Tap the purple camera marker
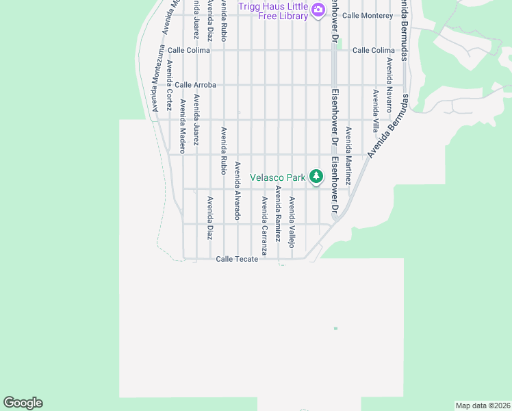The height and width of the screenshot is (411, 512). [x=318, y=10]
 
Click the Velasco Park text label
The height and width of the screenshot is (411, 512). [x=277, y=177]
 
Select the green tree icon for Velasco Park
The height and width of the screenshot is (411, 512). [x=316, y=177]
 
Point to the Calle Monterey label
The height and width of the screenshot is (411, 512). [x=368, y=15]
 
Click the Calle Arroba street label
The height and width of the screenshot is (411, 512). [x=195, y=85]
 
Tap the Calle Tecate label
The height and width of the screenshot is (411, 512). [x=237, y=259]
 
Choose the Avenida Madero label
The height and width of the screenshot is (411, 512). [x=183, y=126]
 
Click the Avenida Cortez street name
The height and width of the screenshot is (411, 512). [x=169, y=85]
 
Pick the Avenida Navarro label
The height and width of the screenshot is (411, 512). [x=389, y=84]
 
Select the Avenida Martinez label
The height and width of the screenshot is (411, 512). [x=348, y=155]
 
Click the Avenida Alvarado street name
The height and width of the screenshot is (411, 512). [x=238, y=190]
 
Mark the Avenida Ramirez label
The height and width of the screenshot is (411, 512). [x=278, y=214]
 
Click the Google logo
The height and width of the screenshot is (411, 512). [x=23, y=403]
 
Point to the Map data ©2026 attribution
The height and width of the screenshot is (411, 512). [x=482, y=406]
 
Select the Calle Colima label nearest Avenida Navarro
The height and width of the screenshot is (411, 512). [x=374, y=50]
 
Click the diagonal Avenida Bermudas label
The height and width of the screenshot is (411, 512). [x=387, y=126]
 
